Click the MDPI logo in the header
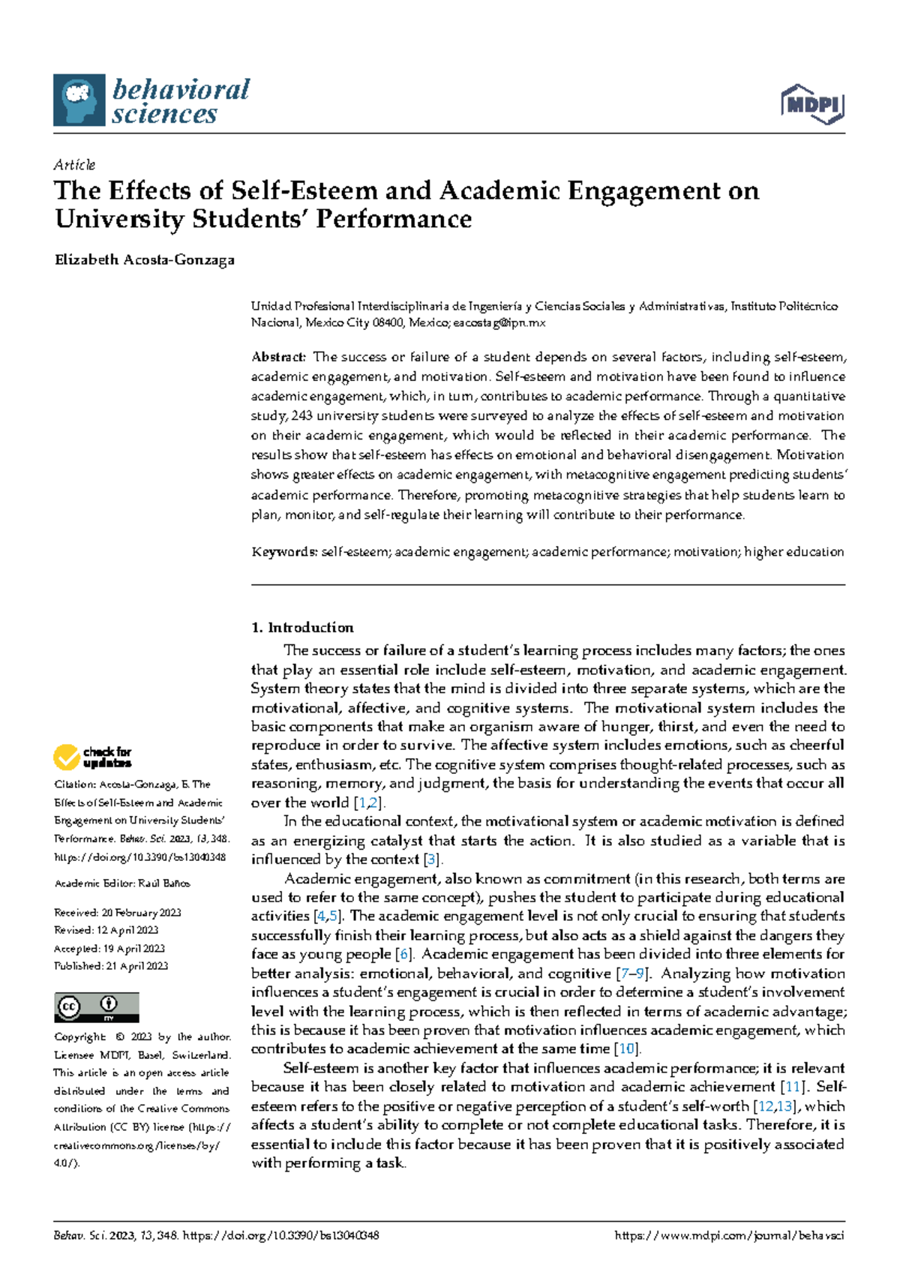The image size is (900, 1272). [813, 104]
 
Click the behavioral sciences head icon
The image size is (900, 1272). [79, 100]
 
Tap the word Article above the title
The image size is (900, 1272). [74, 164]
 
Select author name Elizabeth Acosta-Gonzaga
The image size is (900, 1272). [145, 260]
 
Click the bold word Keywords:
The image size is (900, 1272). [284, 552]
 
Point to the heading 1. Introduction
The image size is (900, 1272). [302, 628]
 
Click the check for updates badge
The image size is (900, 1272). [92, 757]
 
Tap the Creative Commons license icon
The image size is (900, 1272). [96, 1007]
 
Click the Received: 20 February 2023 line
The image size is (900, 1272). [118, 913]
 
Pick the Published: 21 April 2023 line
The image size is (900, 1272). [111, 966]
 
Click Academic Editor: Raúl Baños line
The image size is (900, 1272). [122, 883]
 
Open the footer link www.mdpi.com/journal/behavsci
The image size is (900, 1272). [729, 1235]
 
